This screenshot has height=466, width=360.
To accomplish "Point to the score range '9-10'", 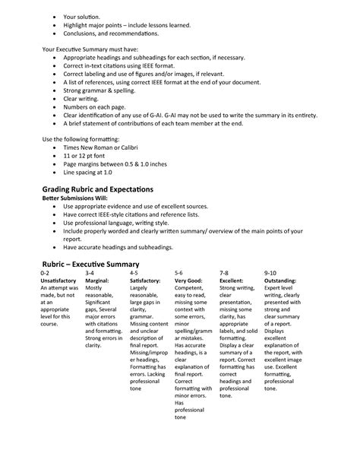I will [270, 272].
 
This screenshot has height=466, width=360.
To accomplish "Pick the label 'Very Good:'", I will [189, 281].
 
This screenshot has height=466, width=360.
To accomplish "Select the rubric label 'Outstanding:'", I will [281, 281].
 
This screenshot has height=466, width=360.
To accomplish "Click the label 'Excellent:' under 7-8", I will [233, 281].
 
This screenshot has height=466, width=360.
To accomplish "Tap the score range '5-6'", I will [178, 272].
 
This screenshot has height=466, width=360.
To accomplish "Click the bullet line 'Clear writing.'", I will [84, 97].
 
